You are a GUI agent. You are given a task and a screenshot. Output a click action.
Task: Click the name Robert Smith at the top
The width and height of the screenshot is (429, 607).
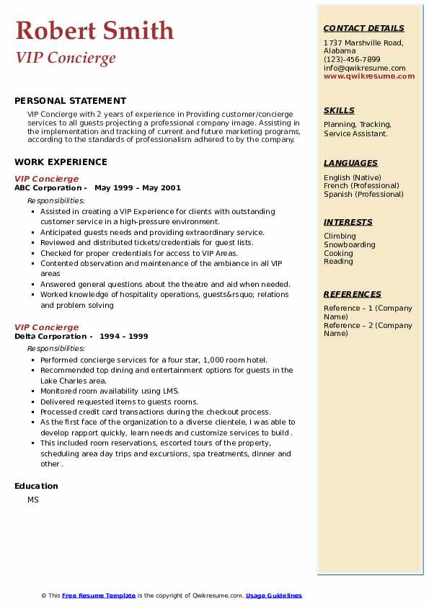tap(94, 30)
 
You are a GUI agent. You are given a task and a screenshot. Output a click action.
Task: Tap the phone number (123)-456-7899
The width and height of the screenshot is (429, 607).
tap(352, 60)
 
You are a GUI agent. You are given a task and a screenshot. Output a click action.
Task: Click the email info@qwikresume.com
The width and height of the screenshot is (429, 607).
tap(364, 68)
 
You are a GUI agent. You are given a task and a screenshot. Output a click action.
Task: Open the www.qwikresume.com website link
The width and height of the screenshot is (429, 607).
tap(369, 76)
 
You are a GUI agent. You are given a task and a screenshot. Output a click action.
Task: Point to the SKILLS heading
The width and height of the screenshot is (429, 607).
tap(339, 111)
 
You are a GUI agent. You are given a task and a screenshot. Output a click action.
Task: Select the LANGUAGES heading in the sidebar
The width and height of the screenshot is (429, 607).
tap(350, 164)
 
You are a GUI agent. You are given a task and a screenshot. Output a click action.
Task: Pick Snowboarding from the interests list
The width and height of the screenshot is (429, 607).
tap(350, 245)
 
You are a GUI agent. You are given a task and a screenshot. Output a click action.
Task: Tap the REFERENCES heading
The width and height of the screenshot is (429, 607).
tap(353, 295)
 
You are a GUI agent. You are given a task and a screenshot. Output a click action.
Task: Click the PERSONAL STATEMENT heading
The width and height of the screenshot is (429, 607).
tap(70, 101)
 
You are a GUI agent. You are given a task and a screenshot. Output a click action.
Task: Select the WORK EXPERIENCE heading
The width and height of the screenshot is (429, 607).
tap(61, 163)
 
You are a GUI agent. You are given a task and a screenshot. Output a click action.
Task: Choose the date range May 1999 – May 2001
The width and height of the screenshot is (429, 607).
tap(138, 188)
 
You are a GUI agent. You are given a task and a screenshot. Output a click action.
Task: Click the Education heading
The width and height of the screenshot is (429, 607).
tap(36, 487)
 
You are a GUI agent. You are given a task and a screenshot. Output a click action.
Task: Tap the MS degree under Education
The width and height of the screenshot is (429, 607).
tap(33, 500)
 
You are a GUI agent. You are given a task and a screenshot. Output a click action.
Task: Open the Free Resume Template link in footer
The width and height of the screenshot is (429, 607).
tap(99, 596)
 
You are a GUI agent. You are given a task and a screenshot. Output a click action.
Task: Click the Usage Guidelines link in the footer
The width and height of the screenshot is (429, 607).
tap(274, 596)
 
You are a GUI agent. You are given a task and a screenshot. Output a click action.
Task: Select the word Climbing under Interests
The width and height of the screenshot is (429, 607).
tap(340, 236)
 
